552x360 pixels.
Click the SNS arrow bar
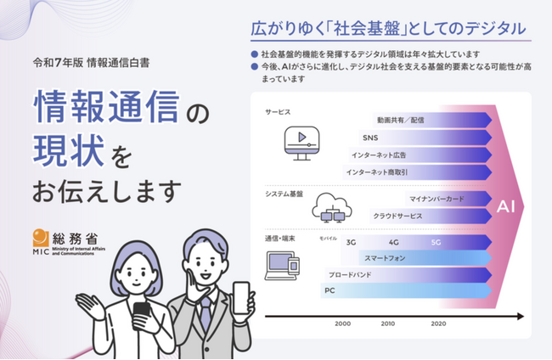point(425,138)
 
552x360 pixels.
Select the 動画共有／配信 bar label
point(400,121)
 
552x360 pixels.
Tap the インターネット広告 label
point(379,155)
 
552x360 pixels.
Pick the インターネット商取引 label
point(377,172)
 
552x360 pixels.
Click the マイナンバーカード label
point(437,200)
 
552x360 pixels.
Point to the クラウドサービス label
point(397,216)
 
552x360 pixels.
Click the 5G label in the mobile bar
point(436,243)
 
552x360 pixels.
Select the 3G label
point(351,243)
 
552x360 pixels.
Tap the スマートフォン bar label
point(385,258)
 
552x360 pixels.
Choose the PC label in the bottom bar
point(330,290)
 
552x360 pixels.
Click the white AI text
point(506,206)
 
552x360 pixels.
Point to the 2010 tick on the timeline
point(387,323)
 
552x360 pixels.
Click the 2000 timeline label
point(342,323)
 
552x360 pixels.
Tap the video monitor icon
point(301,143)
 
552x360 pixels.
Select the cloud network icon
point(331,208)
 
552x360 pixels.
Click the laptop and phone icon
point(282,266)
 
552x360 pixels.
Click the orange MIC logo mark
point(40,238)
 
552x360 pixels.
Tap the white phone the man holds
point(241,298)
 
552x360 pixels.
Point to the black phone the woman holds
point(142,312)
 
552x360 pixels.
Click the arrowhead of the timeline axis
point(521,317)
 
